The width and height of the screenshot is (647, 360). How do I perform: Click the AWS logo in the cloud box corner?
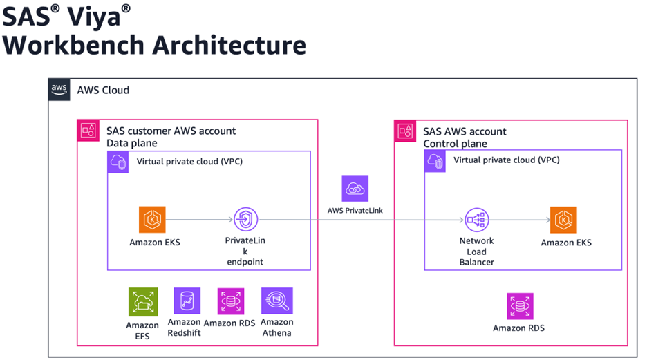coord(59,90)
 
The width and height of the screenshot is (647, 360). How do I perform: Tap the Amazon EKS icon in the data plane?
coord(152,220)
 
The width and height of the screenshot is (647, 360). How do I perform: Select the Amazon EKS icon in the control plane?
coord(563,220)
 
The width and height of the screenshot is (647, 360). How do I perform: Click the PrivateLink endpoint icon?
coord(246,220)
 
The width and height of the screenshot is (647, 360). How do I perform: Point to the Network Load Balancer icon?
coord(477,220)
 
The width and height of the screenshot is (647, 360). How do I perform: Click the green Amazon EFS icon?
coord(143,302)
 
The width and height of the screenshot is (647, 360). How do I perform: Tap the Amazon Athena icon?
coord(277,301)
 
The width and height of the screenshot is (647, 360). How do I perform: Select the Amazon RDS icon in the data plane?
coord(231,302)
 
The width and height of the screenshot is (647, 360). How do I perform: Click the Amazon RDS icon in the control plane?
coord(520,306)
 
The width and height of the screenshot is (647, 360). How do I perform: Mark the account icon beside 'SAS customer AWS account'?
coord(88,131)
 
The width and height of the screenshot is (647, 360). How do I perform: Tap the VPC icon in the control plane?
coord(435,160)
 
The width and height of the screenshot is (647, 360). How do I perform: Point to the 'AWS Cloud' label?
coord(103,91)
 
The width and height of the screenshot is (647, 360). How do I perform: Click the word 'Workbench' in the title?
coord(72,44)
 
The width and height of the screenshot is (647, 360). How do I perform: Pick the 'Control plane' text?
coord(456,144)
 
